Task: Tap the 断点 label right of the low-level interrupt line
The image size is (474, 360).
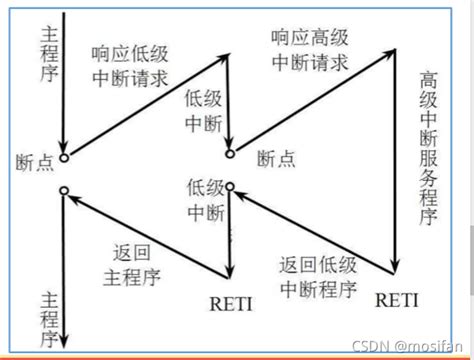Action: pyautogui.click(x=275, y=157)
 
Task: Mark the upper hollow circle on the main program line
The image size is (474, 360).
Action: pyautogui.click(x=63, y=157)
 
